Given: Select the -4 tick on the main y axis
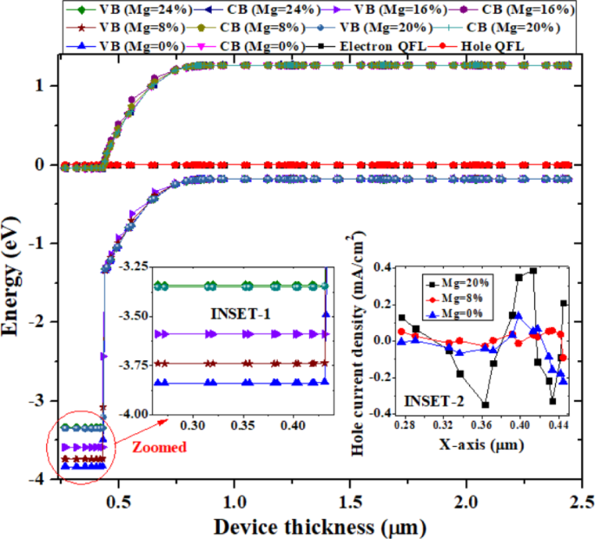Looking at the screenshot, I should coord(40,480).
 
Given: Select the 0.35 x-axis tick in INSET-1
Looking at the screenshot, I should coord(243,426).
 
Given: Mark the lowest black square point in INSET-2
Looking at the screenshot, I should coord(486,404).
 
